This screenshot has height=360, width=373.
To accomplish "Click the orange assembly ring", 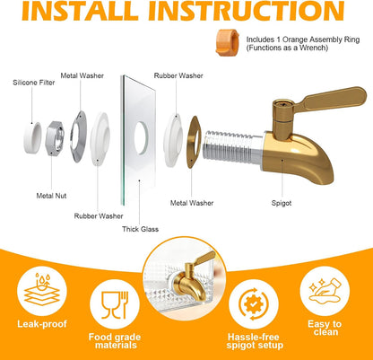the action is click(x=228, y=42).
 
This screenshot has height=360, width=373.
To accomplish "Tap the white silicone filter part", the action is click(x=32, y=137).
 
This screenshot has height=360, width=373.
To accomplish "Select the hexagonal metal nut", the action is click(x=55, y=138).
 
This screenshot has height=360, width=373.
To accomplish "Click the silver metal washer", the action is click(x=78, y=136).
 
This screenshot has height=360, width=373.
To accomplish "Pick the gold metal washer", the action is click(x=194, y=142).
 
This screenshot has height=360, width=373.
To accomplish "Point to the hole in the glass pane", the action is click(x=141, y=138).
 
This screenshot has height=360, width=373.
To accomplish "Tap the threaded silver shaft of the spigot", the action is click(x=232, y=146).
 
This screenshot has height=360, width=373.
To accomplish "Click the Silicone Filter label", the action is click(x=34, y=83).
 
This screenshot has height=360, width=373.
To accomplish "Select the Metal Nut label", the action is click(x=51, y=196).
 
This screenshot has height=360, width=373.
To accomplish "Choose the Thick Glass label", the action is click(x=140, y=229).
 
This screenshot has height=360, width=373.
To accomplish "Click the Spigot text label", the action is click(x=282, y=203).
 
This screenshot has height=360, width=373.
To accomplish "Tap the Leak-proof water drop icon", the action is click(x=42, y=289).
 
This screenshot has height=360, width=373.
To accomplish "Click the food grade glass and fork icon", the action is click(x=115, y=305).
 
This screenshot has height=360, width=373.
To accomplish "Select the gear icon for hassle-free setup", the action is click(x=254, y=304).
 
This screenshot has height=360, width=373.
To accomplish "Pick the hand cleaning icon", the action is click(x=325, y=291).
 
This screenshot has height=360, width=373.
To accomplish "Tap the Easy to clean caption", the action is click(x=325, y=328).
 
